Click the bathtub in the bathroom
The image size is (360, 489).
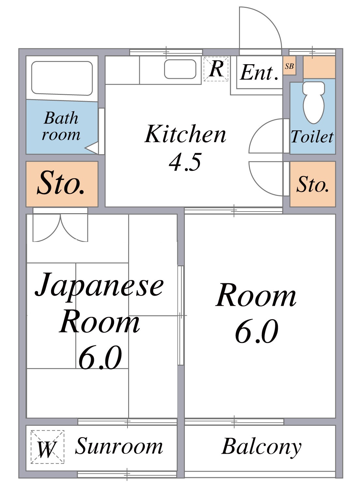pos(62,78)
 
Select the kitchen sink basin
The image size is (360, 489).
pos(180,69)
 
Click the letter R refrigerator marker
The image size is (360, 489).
pos(216,69)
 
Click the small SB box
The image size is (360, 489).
pos(289,66)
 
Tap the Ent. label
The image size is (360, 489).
pos(259,73)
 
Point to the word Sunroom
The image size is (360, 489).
pos(119,446)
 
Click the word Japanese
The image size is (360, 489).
pos(99,287)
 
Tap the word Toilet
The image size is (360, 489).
pos(312,137)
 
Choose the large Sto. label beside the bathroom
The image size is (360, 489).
pos(61,183)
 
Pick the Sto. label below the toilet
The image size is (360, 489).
pos(312,185)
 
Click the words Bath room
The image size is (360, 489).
pos(61,126)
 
